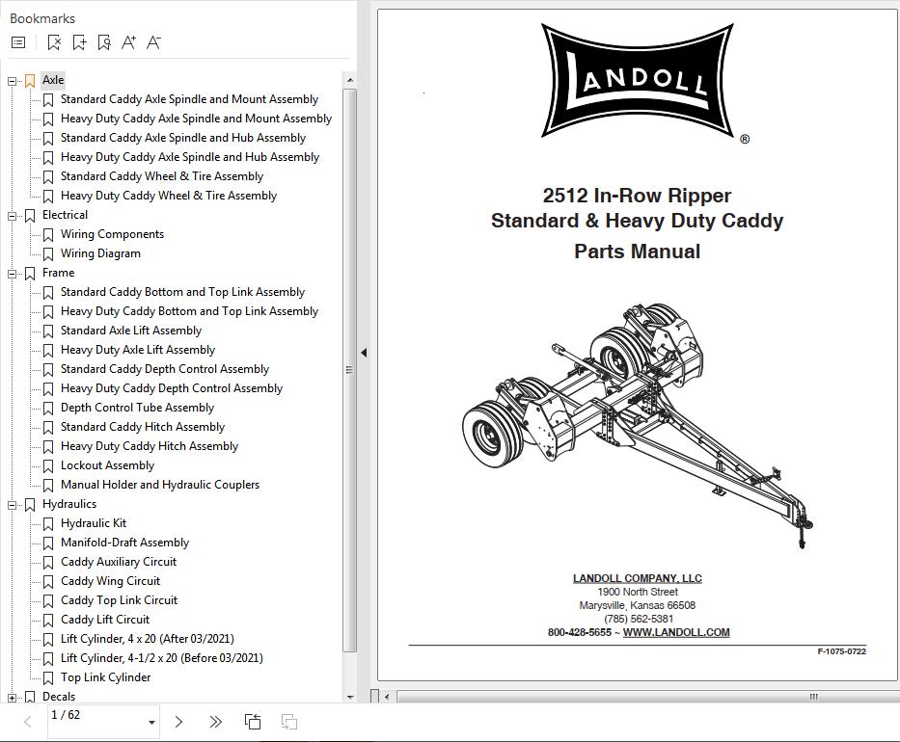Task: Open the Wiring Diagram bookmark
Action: tap(100, 253)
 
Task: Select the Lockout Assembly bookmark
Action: tap(107, 465)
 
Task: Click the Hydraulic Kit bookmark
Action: tap(94, 523)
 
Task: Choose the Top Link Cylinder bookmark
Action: tap(105, 677)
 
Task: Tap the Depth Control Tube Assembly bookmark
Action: tap(137, 408)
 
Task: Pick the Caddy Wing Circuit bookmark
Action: tap(110, 581)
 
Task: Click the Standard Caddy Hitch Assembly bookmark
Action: tap(142, 427)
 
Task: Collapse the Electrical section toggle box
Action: tap(13, 216)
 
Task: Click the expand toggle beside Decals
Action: tap(13, 697)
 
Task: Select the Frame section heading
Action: tap(58, 273)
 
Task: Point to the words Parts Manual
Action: tap(637, 252)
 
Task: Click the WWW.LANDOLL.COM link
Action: tap(676, 632)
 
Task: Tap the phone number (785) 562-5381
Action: tap(639, 619)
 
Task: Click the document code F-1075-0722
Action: tap(841, 652)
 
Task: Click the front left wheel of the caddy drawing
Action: tap(493, 436)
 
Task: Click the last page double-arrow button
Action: tap(215, 722)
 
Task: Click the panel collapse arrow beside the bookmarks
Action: tap(364, 353)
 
